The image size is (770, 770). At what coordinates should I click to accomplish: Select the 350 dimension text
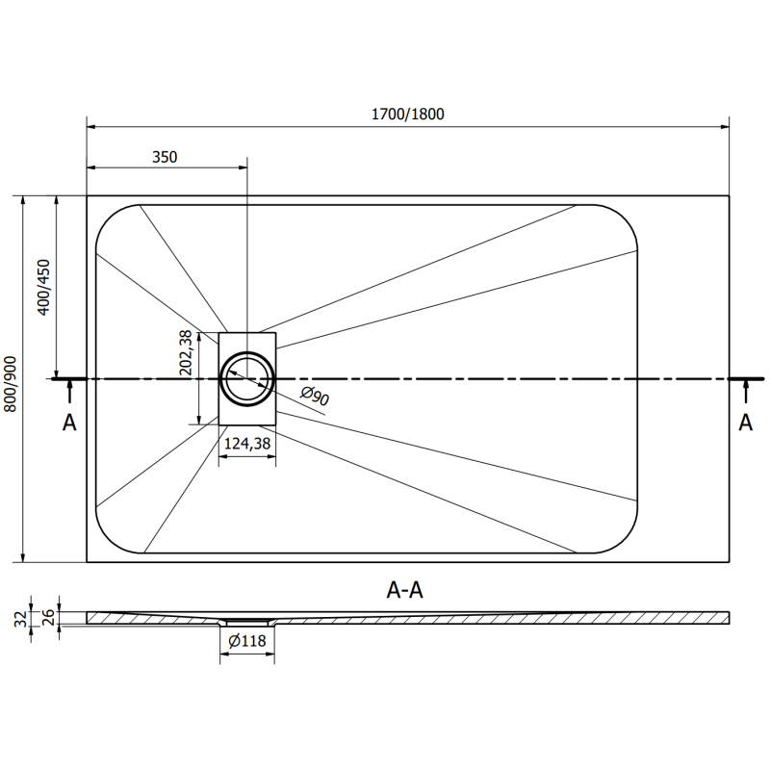[x=165, y=157]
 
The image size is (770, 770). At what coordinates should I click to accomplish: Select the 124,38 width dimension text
[x=247, y=444]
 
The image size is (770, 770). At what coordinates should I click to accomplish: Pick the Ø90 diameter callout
[x=316, y=395]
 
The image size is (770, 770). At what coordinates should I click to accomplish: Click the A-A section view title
[x=404, y=591]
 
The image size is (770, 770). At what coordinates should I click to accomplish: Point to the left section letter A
[x=69, y=423]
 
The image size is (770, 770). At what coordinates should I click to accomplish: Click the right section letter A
[x=746, y=423]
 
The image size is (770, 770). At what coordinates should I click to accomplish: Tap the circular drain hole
[x=247, y=378]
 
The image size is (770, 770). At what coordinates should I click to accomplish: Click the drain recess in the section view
[x=247, y=622]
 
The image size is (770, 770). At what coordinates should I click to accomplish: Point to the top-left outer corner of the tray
[x=88, y=196]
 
